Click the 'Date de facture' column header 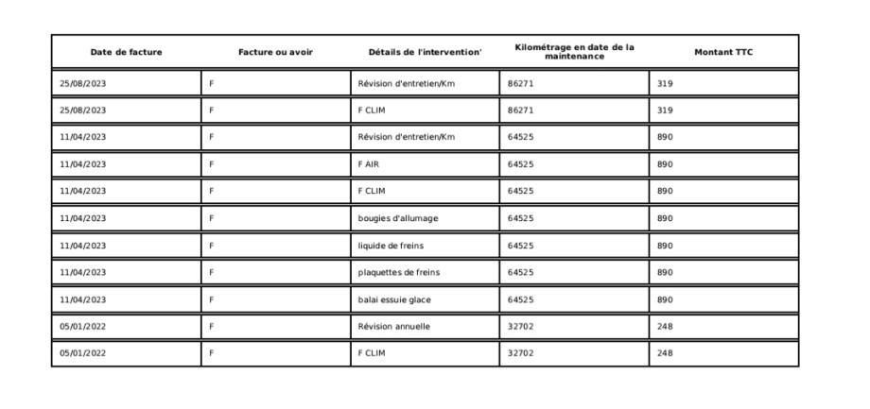126,52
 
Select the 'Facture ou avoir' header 275,52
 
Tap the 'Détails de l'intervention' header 425,52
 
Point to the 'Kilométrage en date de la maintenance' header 574,52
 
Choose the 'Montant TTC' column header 723,52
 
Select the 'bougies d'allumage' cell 397,218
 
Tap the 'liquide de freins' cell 391,246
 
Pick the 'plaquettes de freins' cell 398,273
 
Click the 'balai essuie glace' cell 394,300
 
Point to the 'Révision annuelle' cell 393,327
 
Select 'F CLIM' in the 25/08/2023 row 372,111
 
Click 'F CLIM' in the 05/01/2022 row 372,354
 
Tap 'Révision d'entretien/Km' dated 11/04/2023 406,137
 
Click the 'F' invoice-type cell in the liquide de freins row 213,246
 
